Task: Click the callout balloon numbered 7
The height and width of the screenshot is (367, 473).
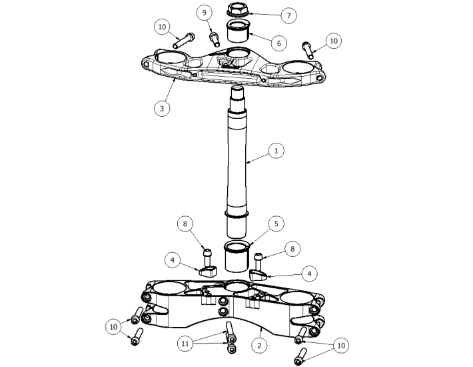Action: pyautogui.click(x=288, y=15)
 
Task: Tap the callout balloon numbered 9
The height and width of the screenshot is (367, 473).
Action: pyautogui.click(x=205, y=13)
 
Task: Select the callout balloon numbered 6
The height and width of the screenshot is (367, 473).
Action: pyautogui.click(x=278, y=43)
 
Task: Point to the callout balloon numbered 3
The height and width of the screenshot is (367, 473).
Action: pyautogui.click(x=162, y=109)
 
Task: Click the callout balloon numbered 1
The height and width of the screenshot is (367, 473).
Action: pyautogui.click(x=276, y=150)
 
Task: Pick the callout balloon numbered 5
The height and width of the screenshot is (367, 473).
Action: pyautogui.click(x=276, y=224)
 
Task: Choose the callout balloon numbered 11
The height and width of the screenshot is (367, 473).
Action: pyautogui.click(x=185, y=344)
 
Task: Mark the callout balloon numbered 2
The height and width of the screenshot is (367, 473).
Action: pyautogui.click(x=259, y=345)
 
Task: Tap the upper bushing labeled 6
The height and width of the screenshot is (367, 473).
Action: pyautogui.click(x=237, y=31)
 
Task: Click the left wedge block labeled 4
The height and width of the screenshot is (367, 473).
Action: pyautogui.click(x=208, y=272)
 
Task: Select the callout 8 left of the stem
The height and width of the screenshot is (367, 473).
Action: pyautogui.click(x=185, y=224)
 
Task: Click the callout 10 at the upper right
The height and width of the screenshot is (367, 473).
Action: pyautogui.click(x=334, y=41)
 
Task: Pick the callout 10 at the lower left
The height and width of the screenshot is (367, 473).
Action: pyautogui.click(x=113, y=327)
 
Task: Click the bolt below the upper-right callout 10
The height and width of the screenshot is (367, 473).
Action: pyautogui.click(x=308, y=50)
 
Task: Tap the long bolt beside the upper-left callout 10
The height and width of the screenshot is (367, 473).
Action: pyautogui.click(x=184, y=41)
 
